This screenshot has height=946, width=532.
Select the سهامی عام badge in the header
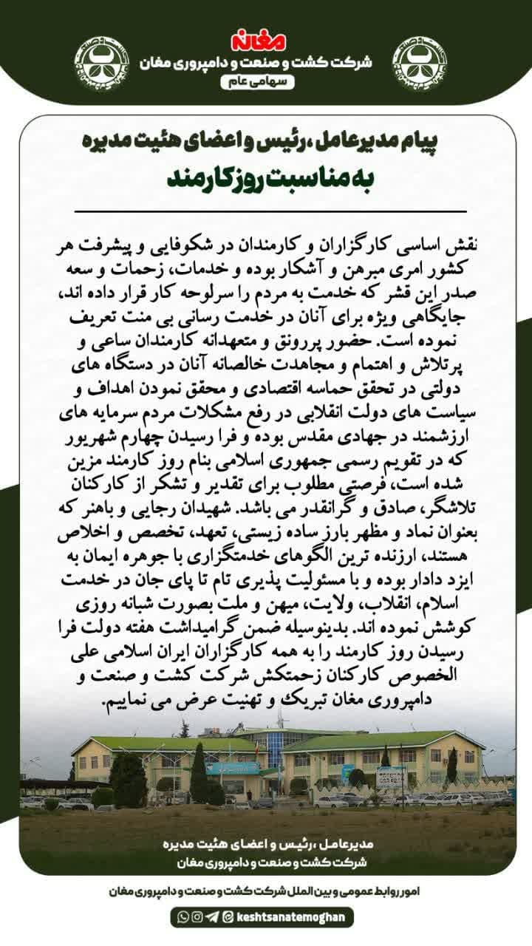(x=266, y=82)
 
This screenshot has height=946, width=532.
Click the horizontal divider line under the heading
(x=266, y=211)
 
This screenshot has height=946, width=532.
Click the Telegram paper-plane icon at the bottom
(x=212, y=917)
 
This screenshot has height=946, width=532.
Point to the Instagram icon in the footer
(x=197, y=917)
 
